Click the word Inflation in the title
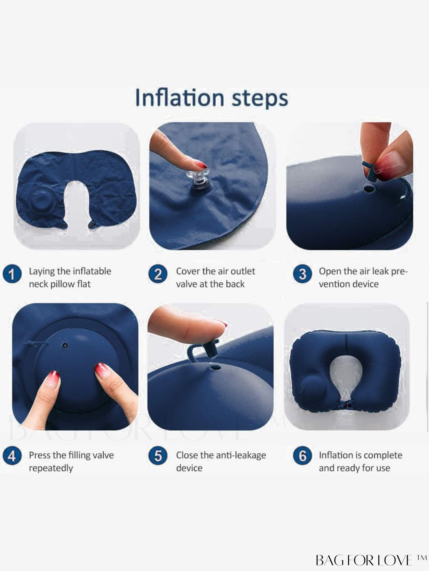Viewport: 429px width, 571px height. coord(180,98)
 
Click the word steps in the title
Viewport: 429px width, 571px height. coord(260,99)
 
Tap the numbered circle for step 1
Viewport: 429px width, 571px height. coord(12,274)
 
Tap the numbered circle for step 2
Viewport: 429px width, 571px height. coord(158,274)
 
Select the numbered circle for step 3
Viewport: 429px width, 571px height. coord(302,274)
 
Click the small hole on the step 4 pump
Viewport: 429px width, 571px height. coord(65,346)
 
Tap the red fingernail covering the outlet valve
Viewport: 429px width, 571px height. coord(202,165)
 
